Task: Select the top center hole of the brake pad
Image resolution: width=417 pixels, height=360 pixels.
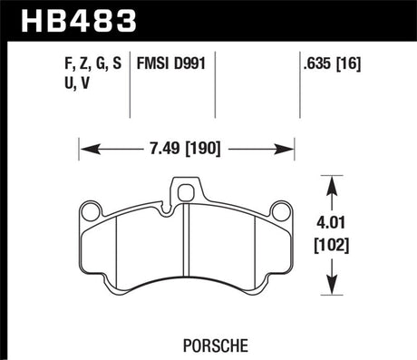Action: click(189, 191)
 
